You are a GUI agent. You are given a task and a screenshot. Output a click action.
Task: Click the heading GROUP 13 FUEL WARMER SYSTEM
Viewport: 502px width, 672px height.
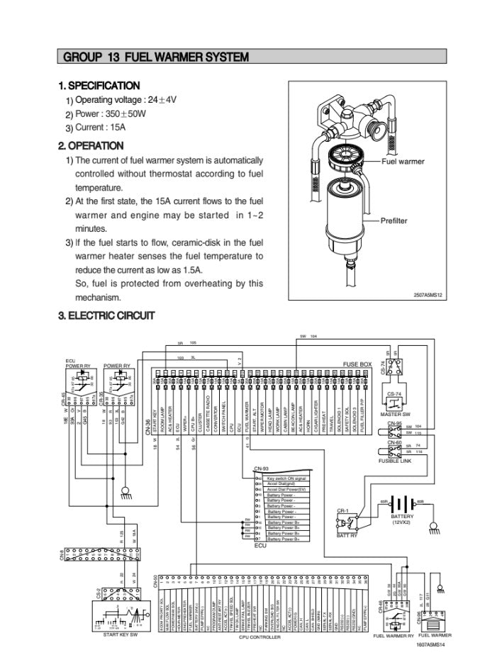[x=155, y=57]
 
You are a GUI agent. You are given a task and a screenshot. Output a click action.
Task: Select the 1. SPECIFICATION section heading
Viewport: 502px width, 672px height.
[x=99, y=86]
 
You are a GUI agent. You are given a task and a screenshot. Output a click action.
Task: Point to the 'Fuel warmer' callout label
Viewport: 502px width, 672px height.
[x=403, y=162]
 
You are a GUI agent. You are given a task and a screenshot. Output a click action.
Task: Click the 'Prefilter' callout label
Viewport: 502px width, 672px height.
[x=394, y=221]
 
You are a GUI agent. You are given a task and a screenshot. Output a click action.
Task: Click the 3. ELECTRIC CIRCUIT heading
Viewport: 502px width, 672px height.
[x=106, y=315]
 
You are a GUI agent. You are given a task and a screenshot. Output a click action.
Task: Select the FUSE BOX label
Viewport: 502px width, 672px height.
[x=357, y=364]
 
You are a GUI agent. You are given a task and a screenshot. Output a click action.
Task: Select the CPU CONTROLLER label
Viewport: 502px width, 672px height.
[x=260, y=637]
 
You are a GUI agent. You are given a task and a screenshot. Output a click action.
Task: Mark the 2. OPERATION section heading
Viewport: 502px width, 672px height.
[x=91, y=146]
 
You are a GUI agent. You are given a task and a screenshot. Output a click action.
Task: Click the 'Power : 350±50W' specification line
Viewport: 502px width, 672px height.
[x=110, y=113]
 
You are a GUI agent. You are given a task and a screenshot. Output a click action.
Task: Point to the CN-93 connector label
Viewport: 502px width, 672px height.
[x=261, y=469]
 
